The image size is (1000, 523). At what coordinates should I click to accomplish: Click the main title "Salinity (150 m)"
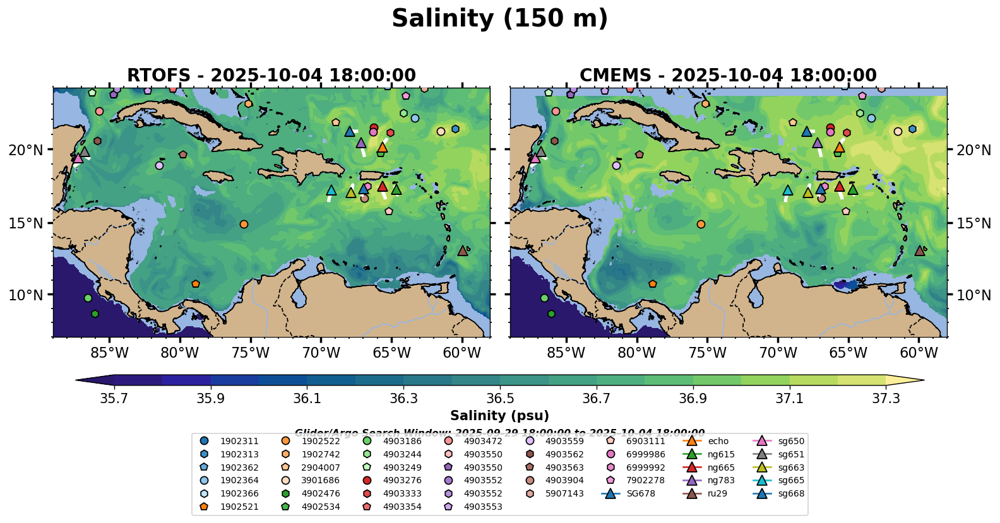pos(499,19)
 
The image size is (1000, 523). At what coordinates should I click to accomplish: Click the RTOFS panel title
pos(271,76)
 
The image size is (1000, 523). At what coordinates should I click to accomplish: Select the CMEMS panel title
pos(728,76)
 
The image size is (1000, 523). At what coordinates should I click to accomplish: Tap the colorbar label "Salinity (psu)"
pos(499,416)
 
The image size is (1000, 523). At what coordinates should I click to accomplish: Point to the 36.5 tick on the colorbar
pos(500,399)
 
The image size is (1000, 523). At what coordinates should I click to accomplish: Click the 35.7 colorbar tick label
pos(114,399)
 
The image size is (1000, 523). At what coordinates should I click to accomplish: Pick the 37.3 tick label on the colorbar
pos(886,399)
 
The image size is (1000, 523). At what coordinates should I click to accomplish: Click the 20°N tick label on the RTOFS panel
pos(26,150)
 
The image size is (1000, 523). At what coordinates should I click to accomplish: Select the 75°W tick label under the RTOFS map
pos(251,353)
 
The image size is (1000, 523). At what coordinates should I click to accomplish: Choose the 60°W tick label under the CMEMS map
pos(919,353)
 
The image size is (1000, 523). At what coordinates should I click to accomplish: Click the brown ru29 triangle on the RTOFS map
pos(463,250)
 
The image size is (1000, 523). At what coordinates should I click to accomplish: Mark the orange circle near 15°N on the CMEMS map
pos(701,224)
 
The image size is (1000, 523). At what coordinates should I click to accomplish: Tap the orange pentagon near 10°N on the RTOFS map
pos(196,284)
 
